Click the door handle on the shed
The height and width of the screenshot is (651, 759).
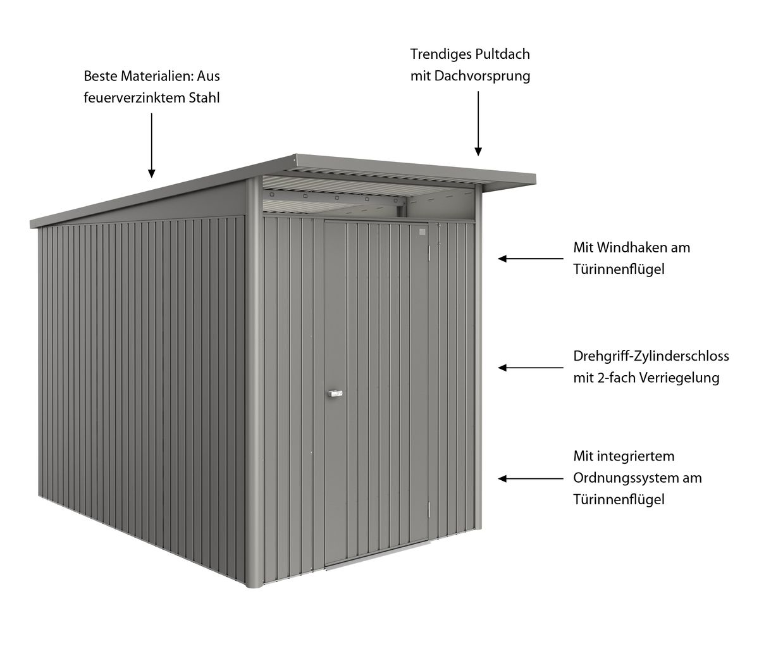point(335,393)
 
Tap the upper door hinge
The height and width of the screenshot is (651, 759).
point(429,254)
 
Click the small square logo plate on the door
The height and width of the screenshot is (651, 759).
point(423,232)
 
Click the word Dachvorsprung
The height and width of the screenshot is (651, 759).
point(482,77)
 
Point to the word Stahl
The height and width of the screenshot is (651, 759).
point(204,97)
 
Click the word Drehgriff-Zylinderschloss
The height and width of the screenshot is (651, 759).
point(651,356)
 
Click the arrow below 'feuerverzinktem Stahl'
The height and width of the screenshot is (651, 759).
point(151,146)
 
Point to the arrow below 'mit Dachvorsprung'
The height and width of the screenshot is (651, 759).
point(478,123)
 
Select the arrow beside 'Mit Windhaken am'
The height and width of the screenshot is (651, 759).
point(531,259)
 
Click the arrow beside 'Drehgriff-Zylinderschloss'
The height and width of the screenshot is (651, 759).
point(531,368)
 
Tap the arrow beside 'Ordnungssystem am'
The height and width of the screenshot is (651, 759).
point(531,479)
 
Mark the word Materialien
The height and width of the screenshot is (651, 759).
point(157,76)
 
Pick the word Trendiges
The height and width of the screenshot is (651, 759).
point(441,54)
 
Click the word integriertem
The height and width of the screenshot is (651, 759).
point(636,456)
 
